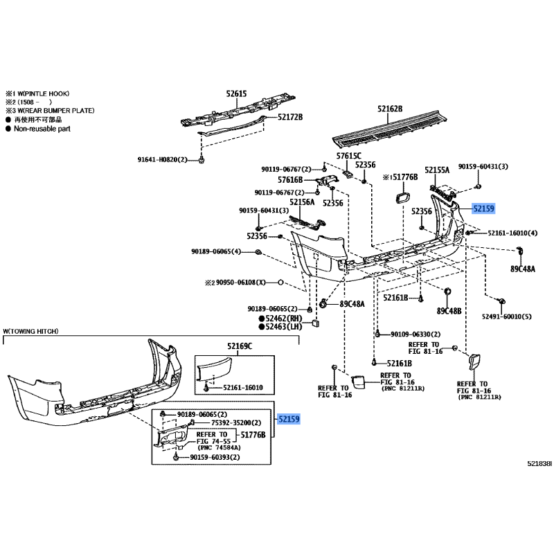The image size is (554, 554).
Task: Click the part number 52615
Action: (x=236, y=93)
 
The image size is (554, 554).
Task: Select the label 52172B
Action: (x=290, y=117)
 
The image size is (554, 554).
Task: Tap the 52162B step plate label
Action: (x=390, y=109)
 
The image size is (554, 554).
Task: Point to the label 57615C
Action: (x=349, y=156)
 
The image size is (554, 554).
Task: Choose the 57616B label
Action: (x=290, y=180)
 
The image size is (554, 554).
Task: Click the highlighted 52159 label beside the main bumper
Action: (x=483, y=208)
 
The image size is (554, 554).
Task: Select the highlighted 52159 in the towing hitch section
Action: (x=289, y=419)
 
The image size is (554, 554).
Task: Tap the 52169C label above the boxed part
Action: (x=240, y=346)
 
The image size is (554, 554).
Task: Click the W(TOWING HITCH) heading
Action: (x=30, y=331)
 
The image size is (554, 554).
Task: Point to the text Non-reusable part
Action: (x=42, y=129)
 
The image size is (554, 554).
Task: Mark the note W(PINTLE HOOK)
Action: (x=44, y=93)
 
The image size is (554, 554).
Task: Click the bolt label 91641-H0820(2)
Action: (x=162, y=160)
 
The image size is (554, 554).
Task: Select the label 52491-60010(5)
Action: (x=507, y=316)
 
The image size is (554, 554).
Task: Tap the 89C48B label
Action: (x=449, y=311)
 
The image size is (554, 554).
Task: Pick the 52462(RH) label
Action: (x=284, y=319)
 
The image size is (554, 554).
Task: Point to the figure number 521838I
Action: (x=539, y=463)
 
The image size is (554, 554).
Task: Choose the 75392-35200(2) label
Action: (x=236, y=422)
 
